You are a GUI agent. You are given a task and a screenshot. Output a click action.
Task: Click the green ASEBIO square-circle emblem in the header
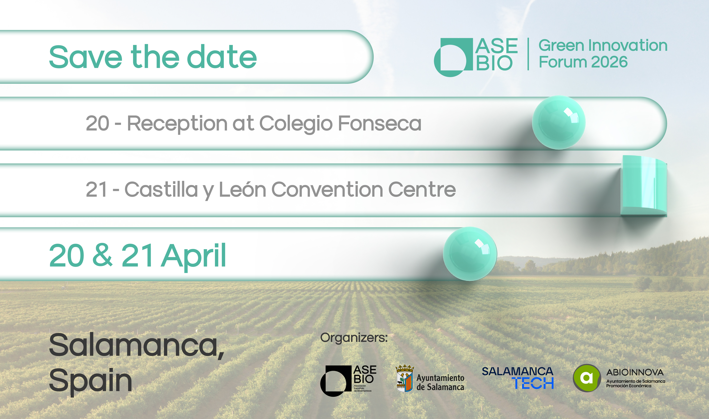point(453,57)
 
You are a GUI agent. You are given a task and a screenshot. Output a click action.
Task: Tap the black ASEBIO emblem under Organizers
point(336,381)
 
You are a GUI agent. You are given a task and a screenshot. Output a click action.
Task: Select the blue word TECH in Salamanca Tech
point(533,384)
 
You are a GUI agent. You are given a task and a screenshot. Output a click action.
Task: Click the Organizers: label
point(354,338)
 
